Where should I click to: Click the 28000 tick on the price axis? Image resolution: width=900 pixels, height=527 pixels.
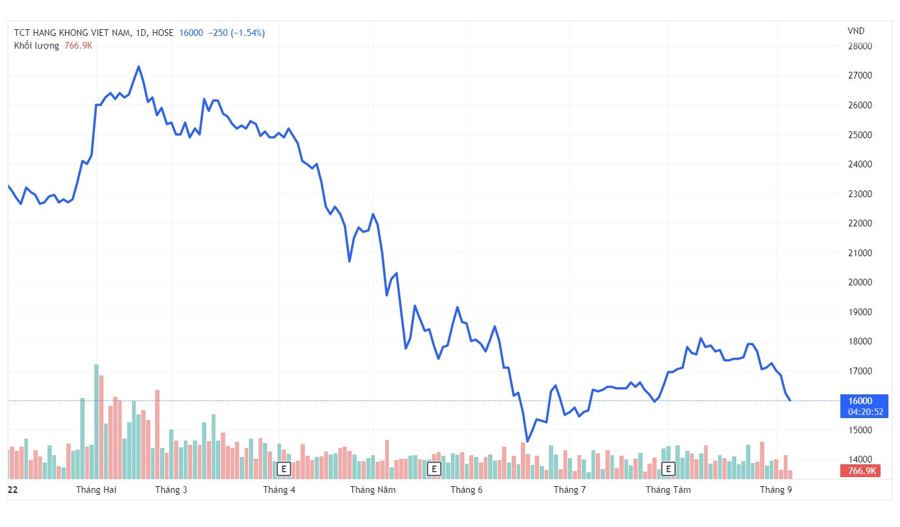pyautogui.click(x=860, y=46)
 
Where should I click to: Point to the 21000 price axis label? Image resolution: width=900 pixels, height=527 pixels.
pyautogui.click(x=860, y=253)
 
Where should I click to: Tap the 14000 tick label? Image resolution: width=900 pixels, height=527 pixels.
pyautogui.click(x=860, y=459)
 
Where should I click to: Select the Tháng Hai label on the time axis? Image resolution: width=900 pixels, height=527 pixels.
pyautogui.click(x=96, y=490)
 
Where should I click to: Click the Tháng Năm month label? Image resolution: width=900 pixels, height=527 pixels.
pyautogui.click(x=372, y=490)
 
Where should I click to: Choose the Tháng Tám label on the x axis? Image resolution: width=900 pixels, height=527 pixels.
pyautogui.click(x=668, y=490)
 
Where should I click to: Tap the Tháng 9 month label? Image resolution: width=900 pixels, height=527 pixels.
pyautogui.click(x=776, y=490)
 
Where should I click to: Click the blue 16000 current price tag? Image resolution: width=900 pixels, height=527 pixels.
pyautogui.click(x=864, y=406)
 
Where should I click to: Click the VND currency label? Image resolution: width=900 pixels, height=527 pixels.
pyautogui.click(x=856, y=31)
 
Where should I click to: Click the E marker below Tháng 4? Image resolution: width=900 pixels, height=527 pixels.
pyautogui.click(x=284, y=469)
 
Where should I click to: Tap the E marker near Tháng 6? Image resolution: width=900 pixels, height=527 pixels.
pyautogui.click(x=434, y=469)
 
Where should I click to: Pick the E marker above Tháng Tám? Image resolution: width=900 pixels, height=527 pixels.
pyautogui.click(x=668, y=469)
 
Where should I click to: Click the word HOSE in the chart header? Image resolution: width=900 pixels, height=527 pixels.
pyautogui.click(x=162, y=33)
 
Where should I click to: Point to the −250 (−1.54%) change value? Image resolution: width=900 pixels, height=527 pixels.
pyautogui.click(x=236, y=33)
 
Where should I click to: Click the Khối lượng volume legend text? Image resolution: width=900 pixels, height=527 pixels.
pyautogui.click(x=37, y=46)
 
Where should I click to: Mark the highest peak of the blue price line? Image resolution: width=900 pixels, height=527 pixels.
pyautogui.click(x=139, y=66)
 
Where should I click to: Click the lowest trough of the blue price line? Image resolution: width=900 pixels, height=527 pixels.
pyautogui.click(x=527, y=441)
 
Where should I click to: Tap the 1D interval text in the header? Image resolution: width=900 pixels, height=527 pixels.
pyautogui.click(x=141, y=33)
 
